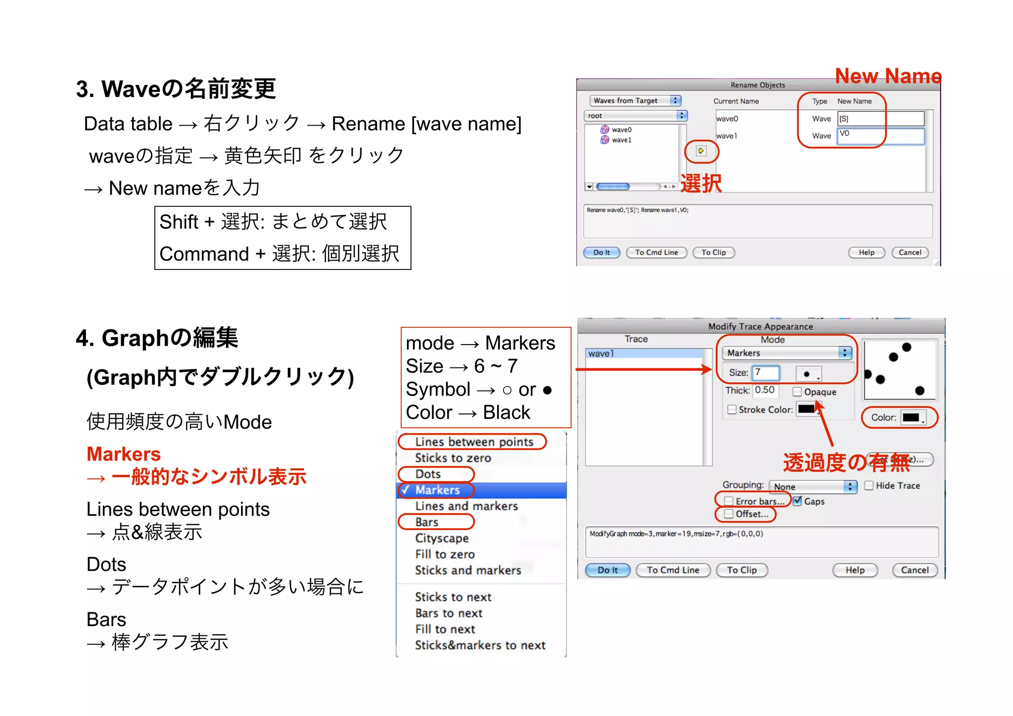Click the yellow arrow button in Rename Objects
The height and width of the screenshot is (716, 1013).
[701, 151]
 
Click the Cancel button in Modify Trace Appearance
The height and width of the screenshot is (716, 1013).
[915, 570]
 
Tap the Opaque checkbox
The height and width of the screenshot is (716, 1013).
[797, 392]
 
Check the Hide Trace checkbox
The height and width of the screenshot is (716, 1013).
[869, 486]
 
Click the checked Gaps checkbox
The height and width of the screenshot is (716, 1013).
[797, 501]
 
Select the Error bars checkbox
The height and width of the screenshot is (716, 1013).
[729, 501]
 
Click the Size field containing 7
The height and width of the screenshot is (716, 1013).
[765, 372]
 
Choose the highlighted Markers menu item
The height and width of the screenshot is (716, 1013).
[438, 490]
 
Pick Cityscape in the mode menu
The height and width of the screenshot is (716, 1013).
[442, 538]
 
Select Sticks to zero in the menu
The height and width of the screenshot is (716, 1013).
[453, 458]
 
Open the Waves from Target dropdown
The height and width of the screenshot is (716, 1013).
[636, 100]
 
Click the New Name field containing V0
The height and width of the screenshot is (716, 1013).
[880, 136]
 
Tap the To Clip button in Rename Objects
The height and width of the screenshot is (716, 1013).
[714, 253]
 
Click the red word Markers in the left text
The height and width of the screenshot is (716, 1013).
[124, 454]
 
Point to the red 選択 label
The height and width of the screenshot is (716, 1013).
[701, 183]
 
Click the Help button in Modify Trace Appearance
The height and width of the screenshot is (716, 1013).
[855, 570]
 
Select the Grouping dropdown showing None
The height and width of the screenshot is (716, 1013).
[813, 487]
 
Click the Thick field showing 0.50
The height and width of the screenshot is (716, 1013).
[765, 390]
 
